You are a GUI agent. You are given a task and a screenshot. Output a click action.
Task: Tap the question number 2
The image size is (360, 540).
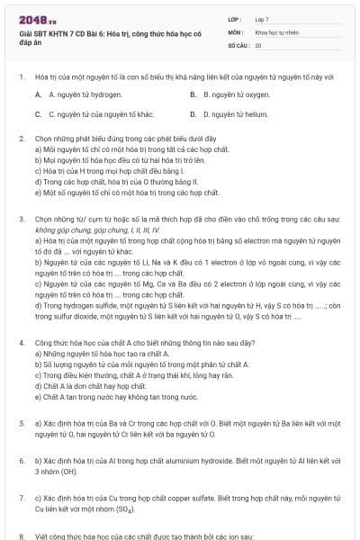point(21,139)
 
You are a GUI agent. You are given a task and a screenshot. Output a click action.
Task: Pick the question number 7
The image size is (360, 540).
point(21,497)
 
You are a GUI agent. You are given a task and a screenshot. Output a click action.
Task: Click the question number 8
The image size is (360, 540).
point(21,535)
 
